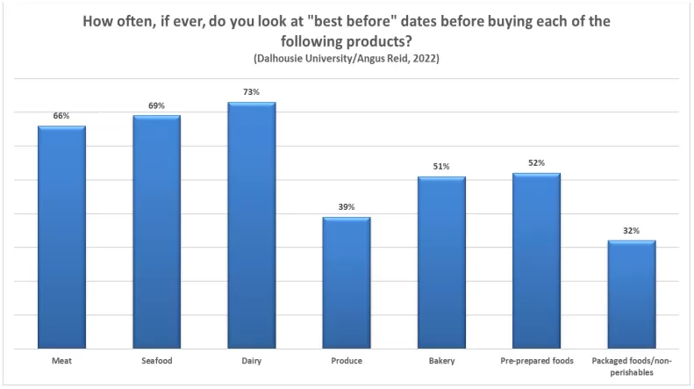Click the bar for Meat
point(61,237)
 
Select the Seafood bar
point(157,232)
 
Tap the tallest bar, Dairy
point(252,225)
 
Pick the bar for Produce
point(347,283)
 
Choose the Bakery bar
point(441,263)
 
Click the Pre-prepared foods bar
point(536,261)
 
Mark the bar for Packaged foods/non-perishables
point(632,295)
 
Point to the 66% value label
point(61,116)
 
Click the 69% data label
point(157,105)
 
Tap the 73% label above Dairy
point(252,91)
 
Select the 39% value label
point(347,207)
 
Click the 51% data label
point(441,166)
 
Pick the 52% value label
point(536,163)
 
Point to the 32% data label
point(632,230)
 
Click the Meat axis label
point(61,361)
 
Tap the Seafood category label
point(157,361)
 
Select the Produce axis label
point(347,361)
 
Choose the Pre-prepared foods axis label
point(537,361)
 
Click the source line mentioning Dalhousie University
point(347,59)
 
